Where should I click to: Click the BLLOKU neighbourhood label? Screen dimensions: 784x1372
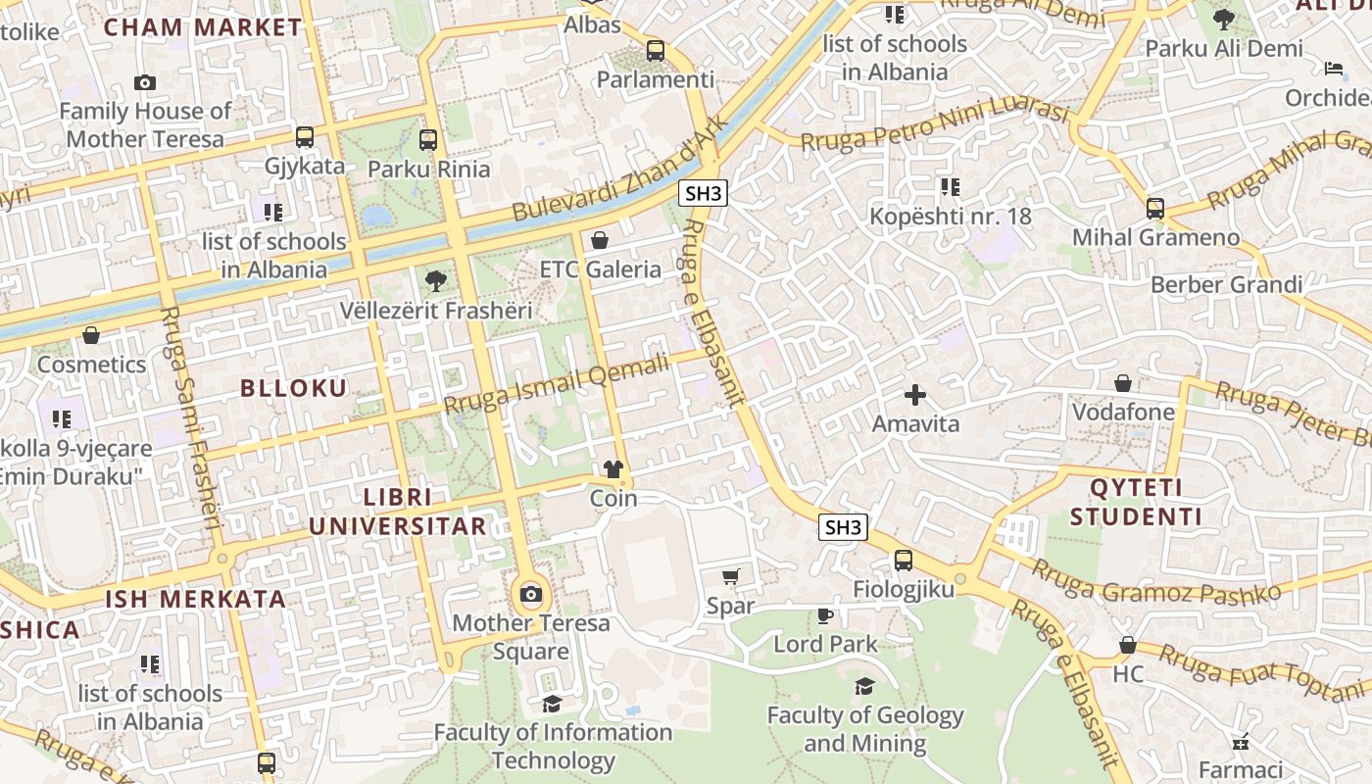pyautogui.click(x=294, y=388)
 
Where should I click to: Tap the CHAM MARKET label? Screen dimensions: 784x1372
pyautogui.click(x=203, y=27)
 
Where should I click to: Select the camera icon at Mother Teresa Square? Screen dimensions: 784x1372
pyautogui.click(x=530, y=594)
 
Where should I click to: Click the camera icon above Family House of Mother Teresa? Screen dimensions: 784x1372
pyautogui.click(x=145, y=83)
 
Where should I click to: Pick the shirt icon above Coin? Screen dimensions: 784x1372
pyautogui.click(x=613, y=469)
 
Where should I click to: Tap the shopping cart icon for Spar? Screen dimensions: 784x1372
pyautogui.click(x=730, y=577)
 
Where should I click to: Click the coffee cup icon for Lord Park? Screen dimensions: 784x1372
pyautogui.click(x=825, y=615)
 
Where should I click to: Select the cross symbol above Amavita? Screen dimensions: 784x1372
pyautogui.click(x=915, y=395)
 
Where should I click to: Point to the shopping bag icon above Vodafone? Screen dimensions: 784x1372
pyautogui.click(x=1123, y=383)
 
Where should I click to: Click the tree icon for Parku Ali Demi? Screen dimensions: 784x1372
pyautogui.click(x=1223, y=19)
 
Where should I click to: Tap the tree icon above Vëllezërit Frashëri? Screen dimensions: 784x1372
pyautogui.click(x=436, y=282)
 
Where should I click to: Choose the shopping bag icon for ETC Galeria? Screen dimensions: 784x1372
pyautogui.click(x=600, y=240)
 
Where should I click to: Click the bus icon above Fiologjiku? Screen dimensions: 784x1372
pyautogui.click(x=903, y=561)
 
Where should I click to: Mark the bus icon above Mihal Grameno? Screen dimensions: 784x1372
pyautogui.click(x=1155, y=208)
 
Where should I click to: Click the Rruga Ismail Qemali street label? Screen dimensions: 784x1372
pyautogui.click(x=556, y=383)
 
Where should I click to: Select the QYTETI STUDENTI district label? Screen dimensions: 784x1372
pyautogui.click(x=1136, y=502)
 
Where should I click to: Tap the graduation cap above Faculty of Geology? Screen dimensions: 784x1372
pyautogui.click(x=864, y=686)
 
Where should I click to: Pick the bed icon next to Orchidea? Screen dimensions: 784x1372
pyautogui.click(x=1334, y=69)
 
